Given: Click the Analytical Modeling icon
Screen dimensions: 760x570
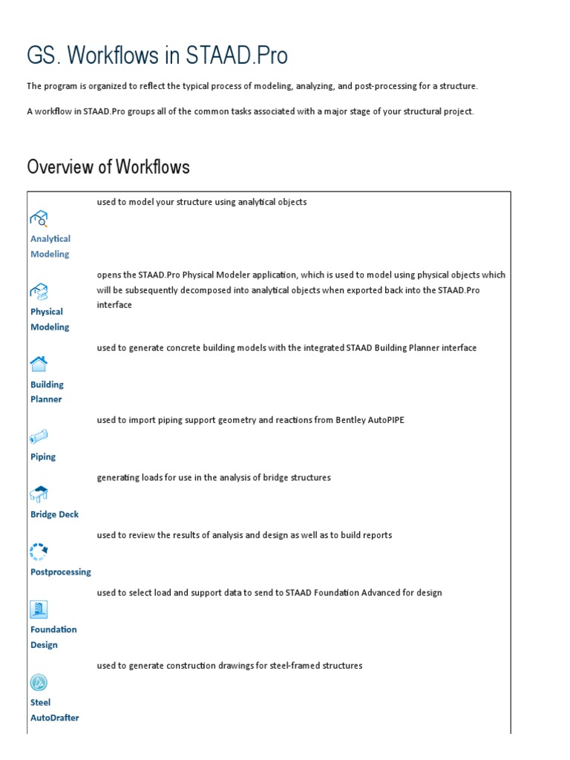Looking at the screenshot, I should pyautogui.click(x=39, y=217).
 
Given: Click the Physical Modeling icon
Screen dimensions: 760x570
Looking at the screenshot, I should pyautogui.click(x=39, y=290).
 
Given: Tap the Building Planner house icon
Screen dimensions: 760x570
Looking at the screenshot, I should pyautogui.click(x=39, y=363).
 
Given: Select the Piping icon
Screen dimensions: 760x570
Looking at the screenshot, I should pyautogui.click(x=39, y=436).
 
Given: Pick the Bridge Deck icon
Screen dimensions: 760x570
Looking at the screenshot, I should pyautogui.click(x=39, y=494).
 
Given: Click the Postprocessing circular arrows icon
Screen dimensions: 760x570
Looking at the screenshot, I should pyautogui.click(x=39, y=551).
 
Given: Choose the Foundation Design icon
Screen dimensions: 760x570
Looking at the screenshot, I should pyautogui.click(x=39, y=609).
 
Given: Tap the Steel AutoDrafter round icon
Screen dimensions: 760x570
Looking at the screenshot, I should pyautogui.click(x=39, y=682).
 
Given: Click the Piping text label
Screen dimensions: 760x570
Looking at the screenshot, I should pyautogui.click(x=43, y=456).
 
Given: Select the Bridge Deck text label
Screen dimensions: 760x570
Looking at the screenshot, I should pyautogui.click(x=54, y=514).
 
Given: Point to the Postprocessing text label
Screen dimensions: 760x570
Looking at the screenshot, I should pyautogui.click(x=61, y=572).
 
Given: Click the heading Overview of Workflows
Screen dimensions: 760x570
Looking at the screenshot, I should pyautogui.click(x=108, y=167).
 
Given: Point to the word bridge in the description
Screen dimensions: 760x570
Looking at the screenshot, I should pyautogui.click(x=265, y=478).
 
